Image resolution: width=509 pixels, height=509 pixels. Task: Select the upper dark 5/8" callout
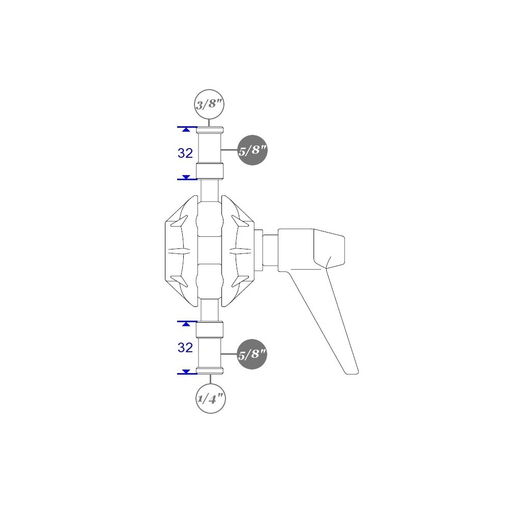[x=252, y=150]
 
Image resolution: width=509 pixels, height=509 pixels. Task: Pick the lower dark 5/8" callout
[x=252, y=354]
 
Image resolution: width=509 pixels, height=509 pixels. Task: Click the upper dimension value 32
[x=185, y=153]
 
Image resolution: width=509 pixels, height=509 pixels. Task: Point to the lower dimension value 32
[x=185, y=348]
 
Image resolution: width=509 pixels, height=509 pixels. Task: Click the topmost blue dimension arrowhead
[x=186, y=129]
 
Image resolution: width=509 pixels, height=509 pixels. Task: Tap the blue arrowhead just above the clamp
[x=186, y=177]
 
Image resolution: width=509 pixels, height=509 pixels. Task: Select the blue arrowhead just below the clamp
[x=186, y=324]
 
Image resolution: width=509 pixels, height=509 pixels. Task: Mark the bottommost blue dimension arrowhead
[x=186, y=372]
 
